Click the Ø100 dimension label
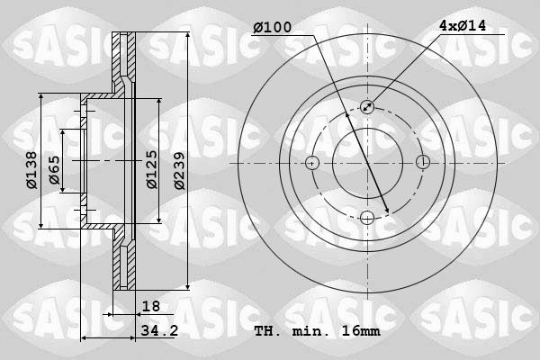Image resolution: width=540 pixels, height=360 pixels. [x=273, y=27]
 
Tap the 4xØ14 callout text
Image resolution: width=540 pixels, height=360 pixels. [x=463, y=25]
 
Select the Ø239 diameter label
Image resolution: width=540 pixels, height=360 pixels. [x=179, y=171]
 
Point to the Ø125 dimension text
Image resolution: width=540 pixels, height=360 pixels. [x=152, y=169]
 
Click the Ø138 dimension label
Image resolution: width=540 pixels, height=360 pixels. [x=31, y=170]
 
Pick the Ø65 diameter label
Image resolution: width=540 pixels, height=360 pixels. [x=54, y=170]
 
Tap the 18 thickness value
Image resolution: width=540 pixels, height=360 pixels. [x=151, y=306]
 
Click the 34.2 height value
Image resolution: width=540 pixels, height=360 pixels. [x=159, y=330]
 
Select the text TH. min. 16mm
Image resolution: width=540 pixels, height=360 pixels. [x=317, y=331]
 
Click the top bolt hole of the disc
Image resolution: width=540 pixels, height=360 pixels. [x=367, y=107]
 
